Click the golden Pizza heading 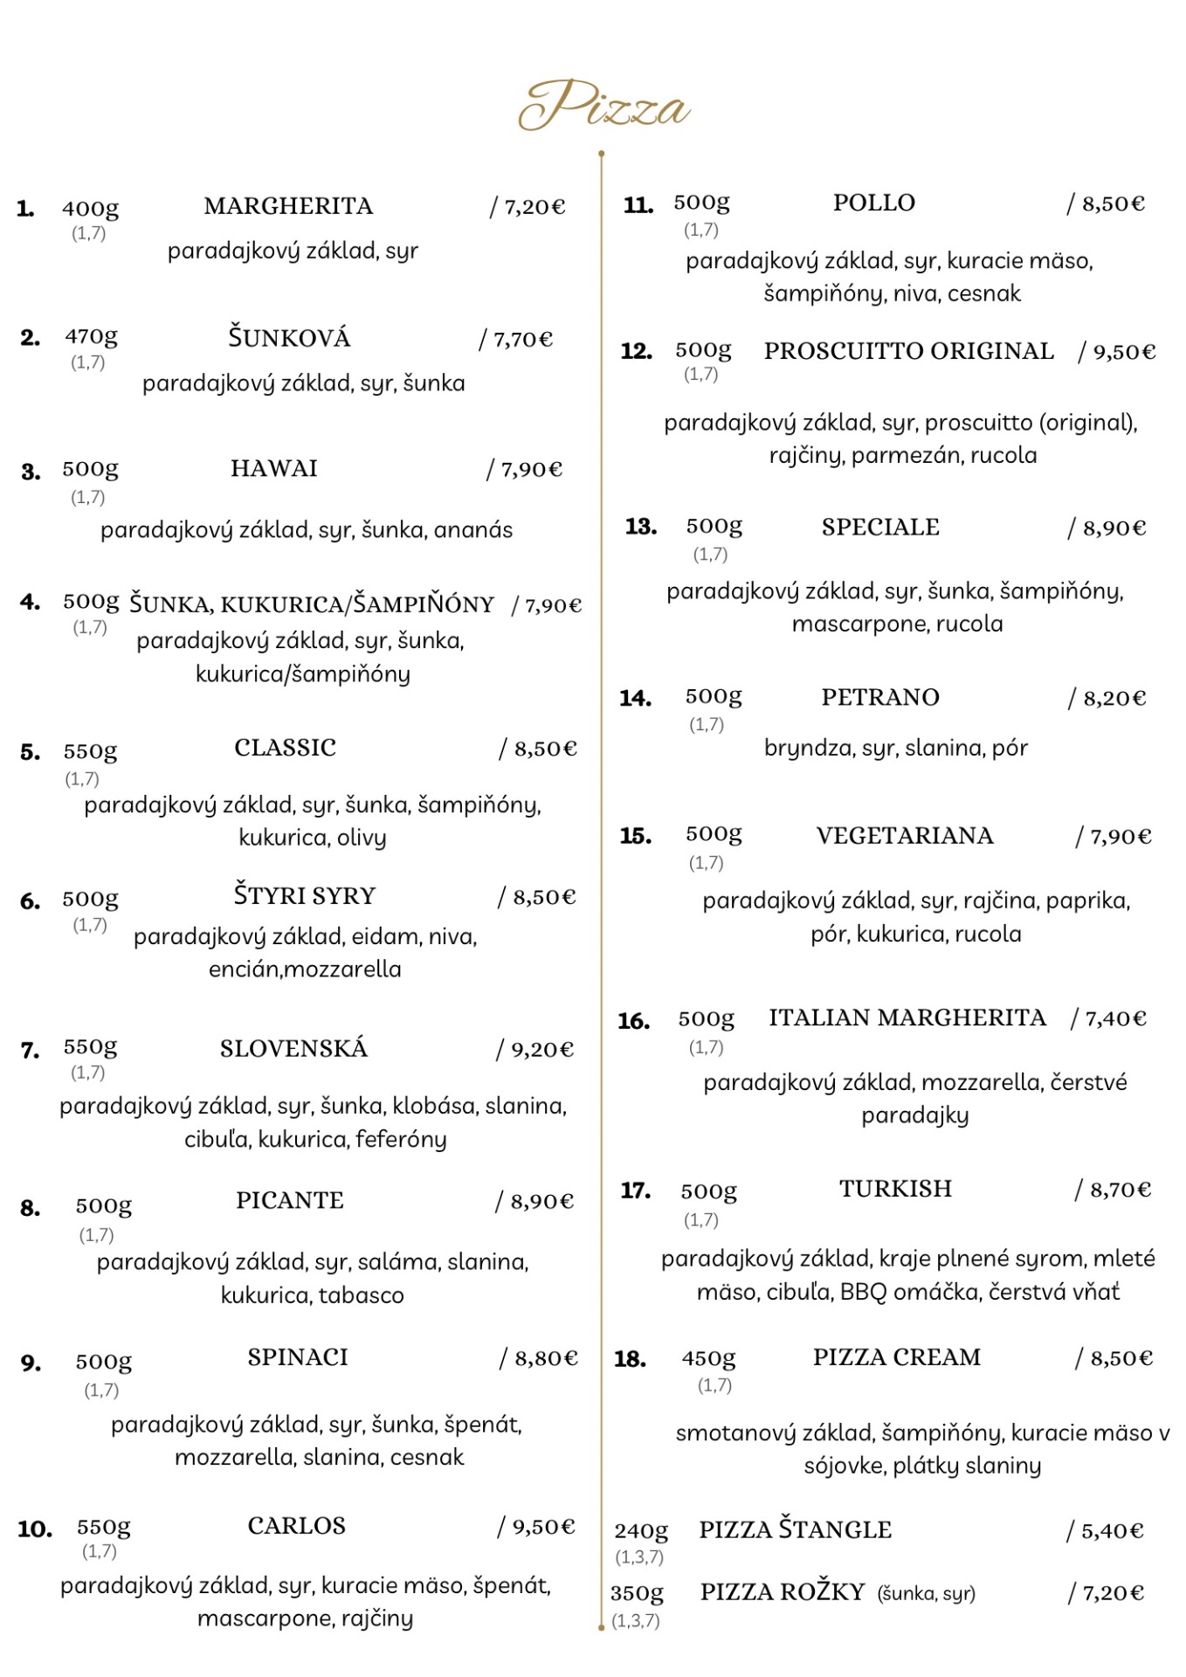[603, 107]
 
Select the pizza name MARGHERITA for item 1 [288, 206]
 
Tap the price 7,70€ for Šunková [522, 339]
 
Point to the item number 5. [30, 752]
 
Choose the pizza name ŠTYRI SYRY [304, 896]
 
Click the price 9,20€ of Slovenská [541, 1049]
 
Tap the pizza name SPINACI [298, 1357]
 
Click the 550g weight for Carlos [104, 1527]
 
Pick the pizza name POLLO [873, 203]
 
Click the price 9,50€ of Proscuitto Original [1124, 352]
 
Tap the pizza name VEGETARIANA [905, 836]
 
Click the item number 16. [633, 1021]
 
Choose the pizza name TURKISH [895, 1189]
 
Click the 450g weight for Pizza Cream [708, 1359]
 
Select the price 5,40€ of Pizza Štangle [1112, 1531]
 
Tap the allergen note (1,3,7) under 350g [636, 1621]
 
